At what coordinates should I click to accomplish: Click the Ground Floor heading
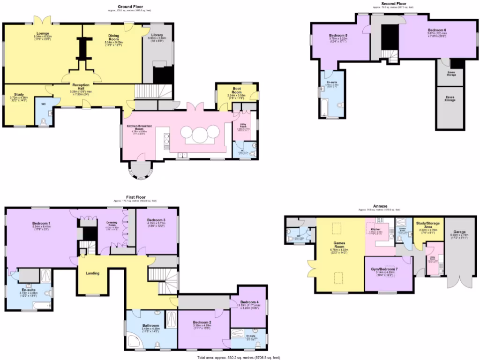click(x=131, y=7)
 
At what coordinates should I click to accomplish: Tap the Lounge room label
click(x=43, y=33)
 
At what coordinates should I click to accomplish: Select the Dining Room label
click(x=113, y=37)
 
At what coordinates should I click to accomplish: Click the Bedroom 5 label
click(x=338, y=36)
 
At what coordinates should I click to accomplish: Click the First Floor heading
click(x=135, y=197)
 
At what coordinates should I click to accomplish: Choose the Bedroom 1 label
click(x=42, y=223)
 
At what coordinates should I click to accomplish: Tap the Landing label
click(x=92, y=273)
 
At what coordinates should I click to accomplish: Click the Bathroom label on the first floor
click(x=151, y=325)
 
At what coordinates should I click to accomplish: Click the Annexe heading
click(x=380, y=206)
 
